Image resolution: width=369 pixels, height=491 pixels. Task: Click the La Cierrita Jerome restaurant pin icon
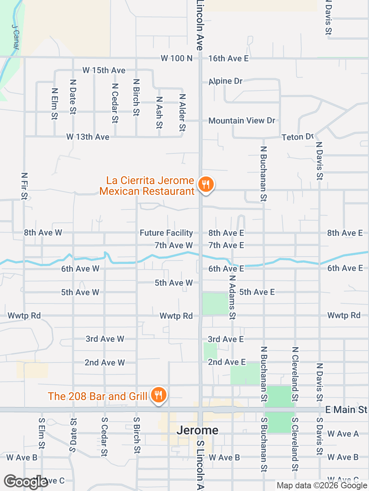coord(206,185)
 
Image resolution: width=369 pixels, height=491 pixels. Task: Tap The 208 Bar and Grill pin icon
coord(158,395)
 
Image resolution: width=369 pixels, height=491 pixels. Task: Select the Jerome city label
coord(198,430)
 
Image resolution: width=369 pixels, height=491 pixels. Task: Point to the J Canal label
coord(15,37)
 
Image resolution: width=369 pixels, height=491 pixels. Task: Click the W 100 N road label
coord(176,58)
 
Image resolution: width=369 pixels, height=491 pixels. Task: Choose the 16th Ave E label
coord(228,58)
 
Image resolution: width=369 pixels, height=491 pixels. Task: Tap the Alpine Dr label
coord(226,81)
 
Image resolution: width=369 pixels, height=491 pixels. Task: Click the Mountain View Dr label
coord(242,120)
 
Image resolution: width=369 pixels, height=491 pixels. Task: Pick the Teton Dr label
coord(298,137)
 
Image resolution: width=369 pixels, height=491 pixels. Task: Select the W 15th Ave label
coord(104,70)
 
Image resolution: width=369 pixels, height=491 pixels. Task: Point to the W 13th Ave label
coord(88,137)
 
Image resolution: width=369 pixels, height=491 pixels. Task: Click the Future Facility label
coord(166,233)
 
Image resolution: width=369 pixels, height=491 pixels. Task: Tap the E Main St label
coord(346,410)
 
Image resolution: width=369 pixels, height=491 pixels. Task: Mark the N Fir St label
coord(24,186)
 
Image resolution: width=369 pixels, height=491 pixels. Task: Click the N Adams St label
coord(232,297)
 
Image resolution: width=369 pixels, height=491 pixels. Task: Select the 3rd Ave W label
coord(105,339)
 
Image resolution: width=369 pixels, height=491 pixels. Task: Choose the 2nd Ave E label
coord(227,362)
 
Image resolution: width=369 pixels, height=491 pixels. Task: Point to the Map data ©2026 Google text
coord(322,486)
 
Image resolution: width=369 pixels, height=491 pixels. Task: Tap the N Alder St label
coord(183,113)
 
